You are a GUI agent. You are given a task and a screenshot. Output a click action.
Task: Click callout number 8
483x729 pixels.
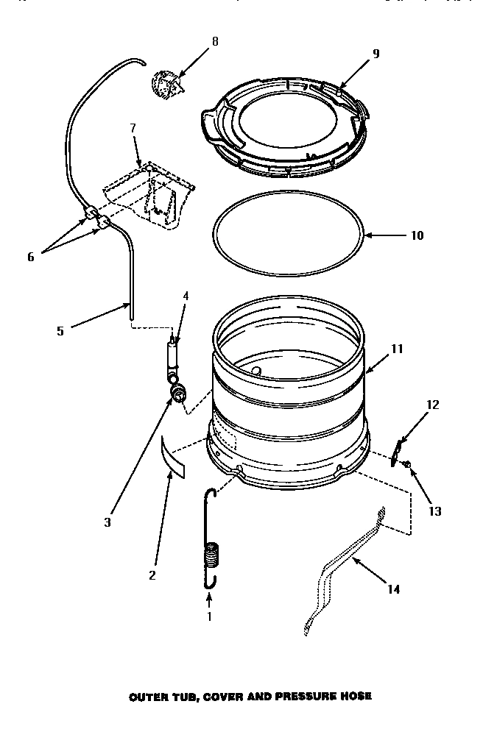tap(215, 42)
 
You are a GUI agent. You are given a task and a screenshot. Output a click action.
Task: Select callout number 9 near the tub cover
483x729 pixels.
tap(376, 54)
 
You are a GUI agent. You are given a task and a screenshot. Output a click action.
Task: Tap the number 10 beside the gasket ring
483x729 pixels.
tap(416, 236)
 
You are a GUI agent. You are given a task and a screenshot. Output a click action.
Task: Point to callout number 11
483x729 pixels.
tap(397, 349)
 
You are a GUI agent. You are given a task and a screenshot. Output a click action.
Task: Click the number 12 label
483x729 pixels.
tap(432, 404)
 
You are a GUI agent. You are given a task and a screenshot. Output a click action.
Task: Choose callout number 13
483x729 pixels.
tap(435, 511)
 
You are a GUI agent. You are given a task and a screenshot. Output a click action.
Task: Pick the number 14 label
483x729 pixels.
tap(394, 588)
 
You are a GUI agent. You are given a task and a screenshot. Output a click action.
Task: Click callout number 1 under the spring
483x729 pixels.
tap(208, 616)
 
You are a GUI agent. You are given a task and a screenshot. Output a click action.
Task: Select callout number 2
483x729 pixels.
tap(152, 575)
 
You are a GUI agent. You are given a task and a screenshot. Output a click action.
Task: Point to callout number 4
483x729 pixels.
tap(186, 296)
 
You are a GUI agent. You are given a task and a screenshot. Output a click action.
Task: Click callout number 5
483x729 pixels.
tap(60, 331)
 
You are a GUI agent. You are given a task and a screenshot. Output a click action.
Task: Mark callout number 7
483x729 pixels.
tap(133, 128)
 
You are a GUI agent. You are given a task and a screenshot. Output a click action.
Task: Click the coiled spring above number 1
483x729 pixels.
tap(211, 553)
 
